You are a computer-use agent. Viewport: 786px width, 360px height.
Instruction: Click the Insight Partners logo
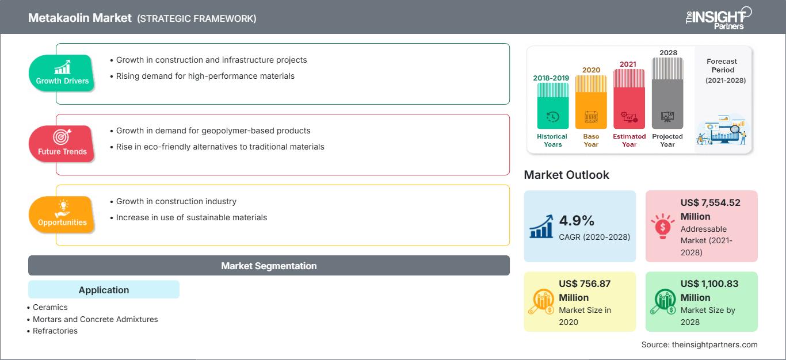[x=718, y=18]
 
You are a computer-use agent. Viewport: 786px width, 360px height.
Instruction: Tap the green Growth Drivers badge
[x=62, y=73]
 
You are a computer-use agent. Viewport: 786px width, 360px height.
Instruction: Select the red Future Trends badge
[x=62, y=144]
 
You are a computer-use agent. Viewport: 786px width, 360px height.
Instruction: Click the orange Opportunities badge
[x=62, y=215]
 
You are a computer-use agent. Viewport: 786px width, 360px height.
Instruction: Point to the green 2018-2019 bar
[x=552, y=106]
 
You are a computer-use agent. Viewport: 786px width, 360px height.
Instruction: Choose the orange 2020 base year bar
[x=591, y=102]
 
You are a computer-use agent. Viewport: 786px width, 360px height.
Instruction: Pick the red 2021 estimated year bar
[x=629, y=99]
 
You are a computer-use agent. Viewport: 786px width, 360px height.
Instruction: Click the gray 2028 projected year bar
[x=667, y=93]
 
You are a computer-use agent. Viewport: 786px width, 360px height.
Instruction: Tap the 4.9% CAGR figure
[x=577, y=221]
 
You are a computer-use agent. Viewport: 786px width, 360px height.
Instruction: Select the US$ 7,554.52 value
[x=710, y=209]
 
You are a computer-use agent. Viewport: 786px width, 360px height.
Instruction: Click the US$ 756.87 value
[x=585, y=290]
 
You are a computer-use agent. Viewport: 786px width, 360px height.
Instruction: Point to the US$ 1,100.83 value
[x=709, y=290]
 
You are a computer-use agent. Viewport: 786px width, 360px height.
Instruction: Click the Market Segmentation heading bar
[x=269, y=265]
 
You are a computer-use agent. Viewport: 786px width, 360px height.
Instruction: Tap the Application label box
[x=104, y=289]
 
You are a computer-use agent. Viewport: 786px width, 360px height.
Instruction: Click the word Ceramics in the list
[x=50, y=307]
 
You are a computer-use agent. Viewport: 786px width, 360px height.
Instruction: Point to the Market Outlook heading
[x=566, y=175]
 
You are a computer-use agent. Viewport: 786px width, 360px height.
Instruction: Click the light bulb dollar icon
[x=662, y=226]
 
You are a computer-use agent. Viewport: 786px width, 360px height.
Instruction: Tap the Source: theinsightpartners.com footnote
[x=699, y=344]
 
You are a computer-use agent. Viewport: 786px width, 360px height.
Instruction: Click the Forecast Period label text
[x=722, y=66]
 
